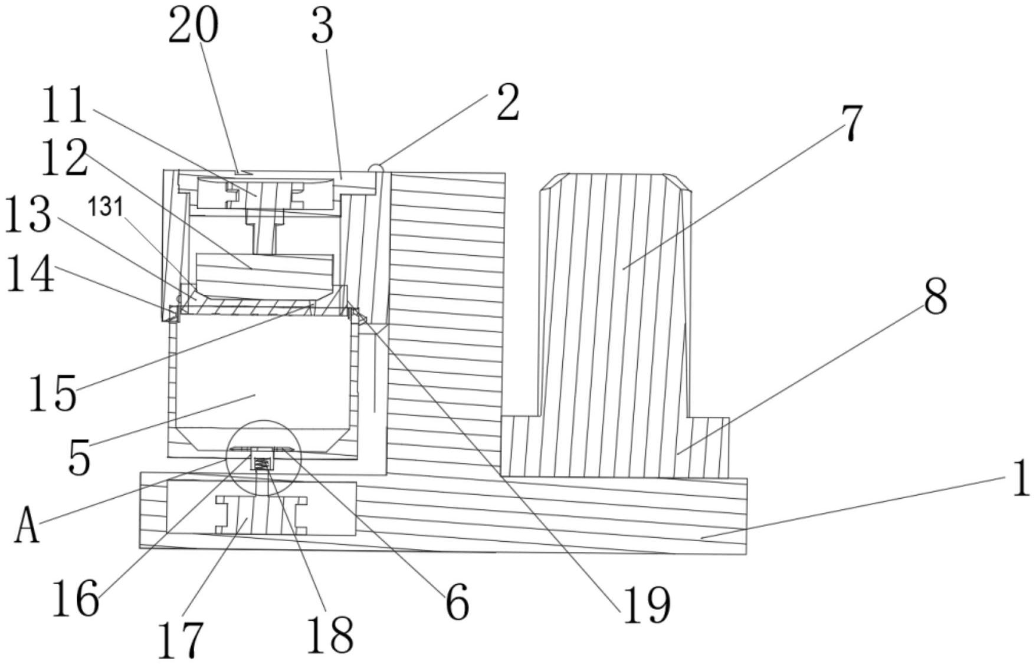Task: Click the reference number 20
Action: pos(193,27)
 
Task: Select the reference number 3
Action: pos(322,28)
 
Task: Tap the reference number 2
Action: pos(507,103)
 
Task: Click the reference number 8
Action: pos(935,297)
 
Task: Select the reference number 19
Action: pos(647,605)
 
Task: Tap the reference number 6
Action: pos(457,603)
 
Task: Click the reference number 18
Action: pos(330,636)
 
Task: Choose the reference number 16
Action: pos(76,598)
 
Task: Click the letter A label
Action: pos(27,526)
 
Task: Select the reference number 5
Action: pos(79,456)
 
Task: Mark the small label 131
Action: pos(106,208)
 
